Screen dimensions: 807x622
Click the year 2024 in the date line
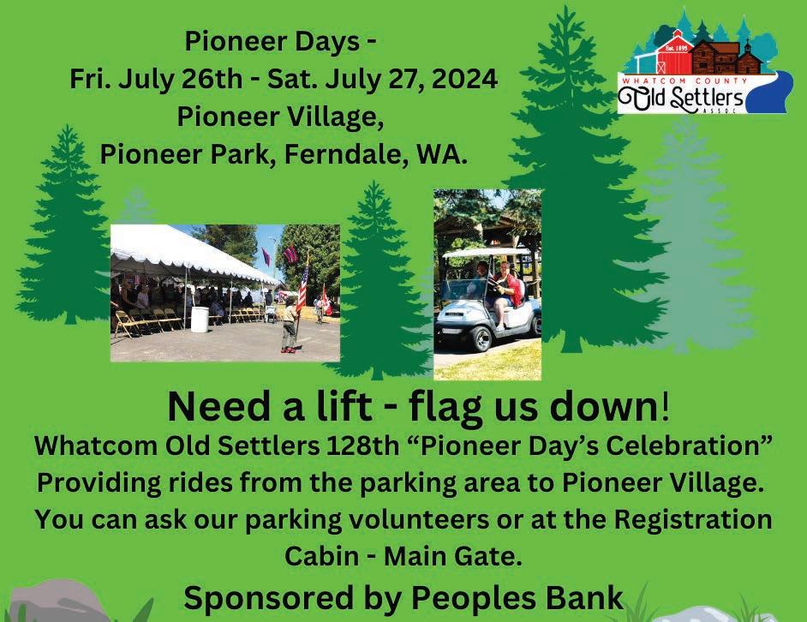coord(464,80)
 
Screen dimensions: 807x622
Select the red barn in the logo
coord(674,53)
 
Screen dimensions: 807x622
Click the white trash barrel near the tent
coord(200,320)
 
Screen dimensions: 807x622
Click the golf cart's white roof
coord(487,252)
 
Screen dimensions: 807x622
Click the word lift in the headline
coord(344,407)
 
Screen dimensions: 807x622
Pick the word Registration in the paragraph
coord(693,520)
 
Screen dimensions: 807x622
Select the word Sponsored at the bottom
coord(267,598)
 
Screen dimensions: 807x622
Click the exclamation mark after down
coord(666,407)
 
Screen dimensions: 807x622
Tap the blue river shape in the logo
coord(767,93)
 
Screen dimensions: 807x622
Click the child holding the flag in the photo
coord(290,327)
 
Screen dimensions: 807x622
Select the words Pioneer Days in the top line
coord(272,41)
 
